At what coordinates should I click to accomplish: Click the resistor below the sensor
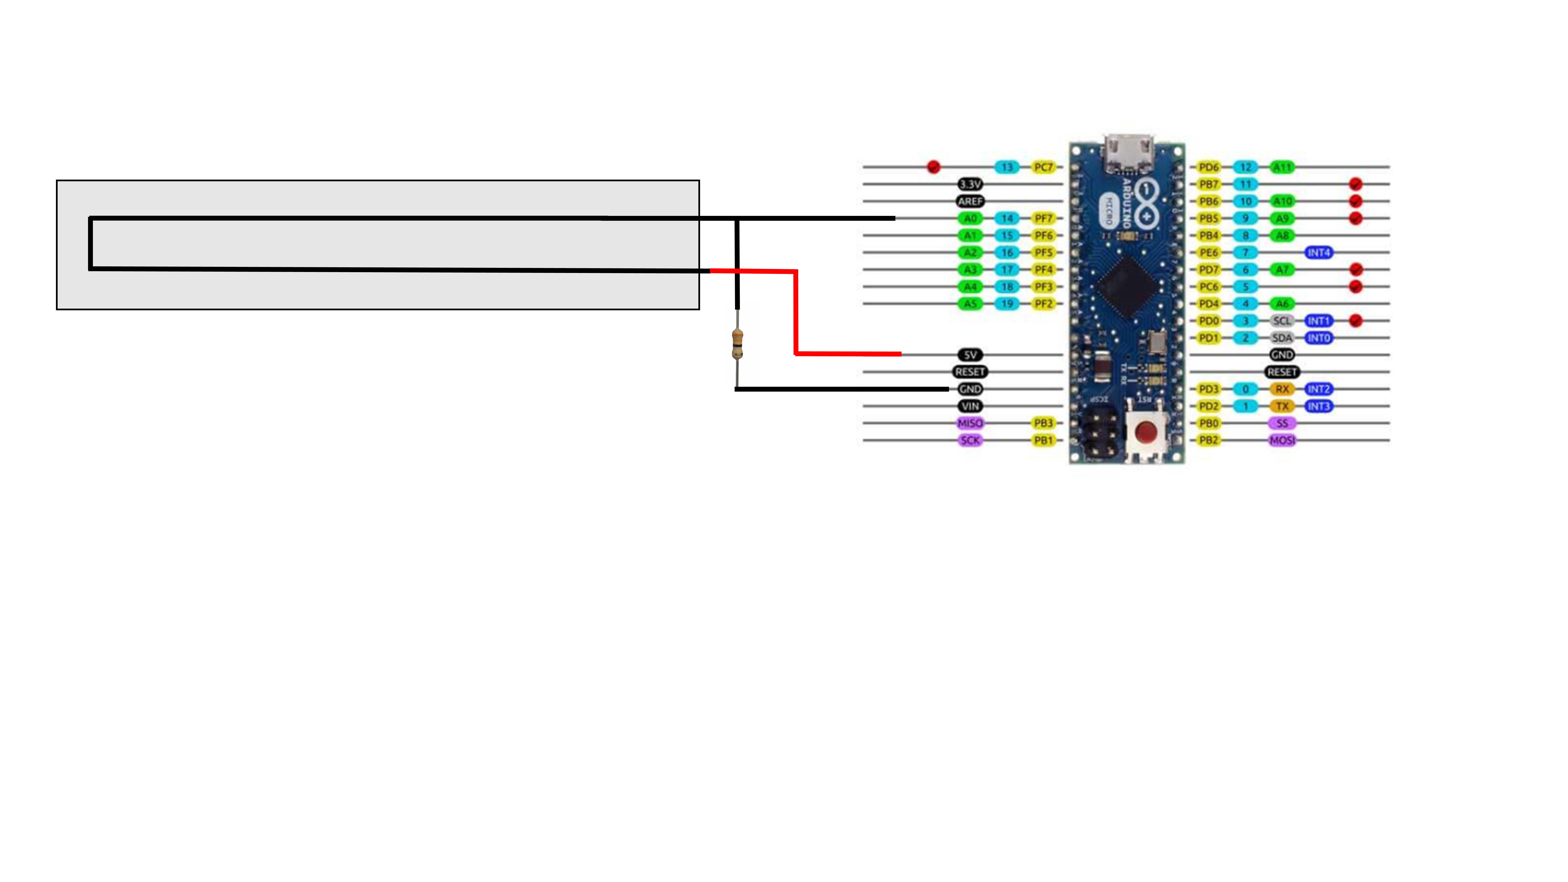[737, 343]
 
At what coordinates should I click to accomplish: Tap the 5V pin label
[970, 355]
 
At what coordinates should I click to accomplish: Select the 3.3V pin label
[970, 184]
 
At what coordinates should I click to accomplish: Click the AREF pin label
[970, 201]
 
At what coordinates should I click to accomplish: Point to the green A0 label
[970, 218]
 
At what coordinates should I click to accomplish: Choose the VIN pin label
[970, 406]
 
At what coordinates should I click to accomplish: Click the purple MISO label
[970, 423]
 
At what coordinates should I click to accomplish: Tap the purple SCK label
[970, 440]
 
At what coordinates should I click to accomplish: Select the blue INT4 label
[1319, 252]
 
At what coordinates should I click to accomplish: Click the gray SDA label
[1282, 338]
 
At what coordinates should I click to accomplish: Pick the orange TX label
[1282, 406]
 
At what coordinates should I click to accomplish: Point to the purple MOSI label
[1282, 440]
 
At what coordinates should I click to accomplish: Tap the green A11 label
[1282, 167]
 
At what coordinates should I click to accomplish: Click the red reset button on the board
[1146, 432]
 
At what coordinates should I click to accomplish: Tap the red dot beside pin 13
[933, 167]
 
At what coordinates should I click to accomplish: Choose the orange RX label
[1282, 389]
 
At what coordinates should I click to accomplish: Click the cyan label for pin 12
[1245, 167]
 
